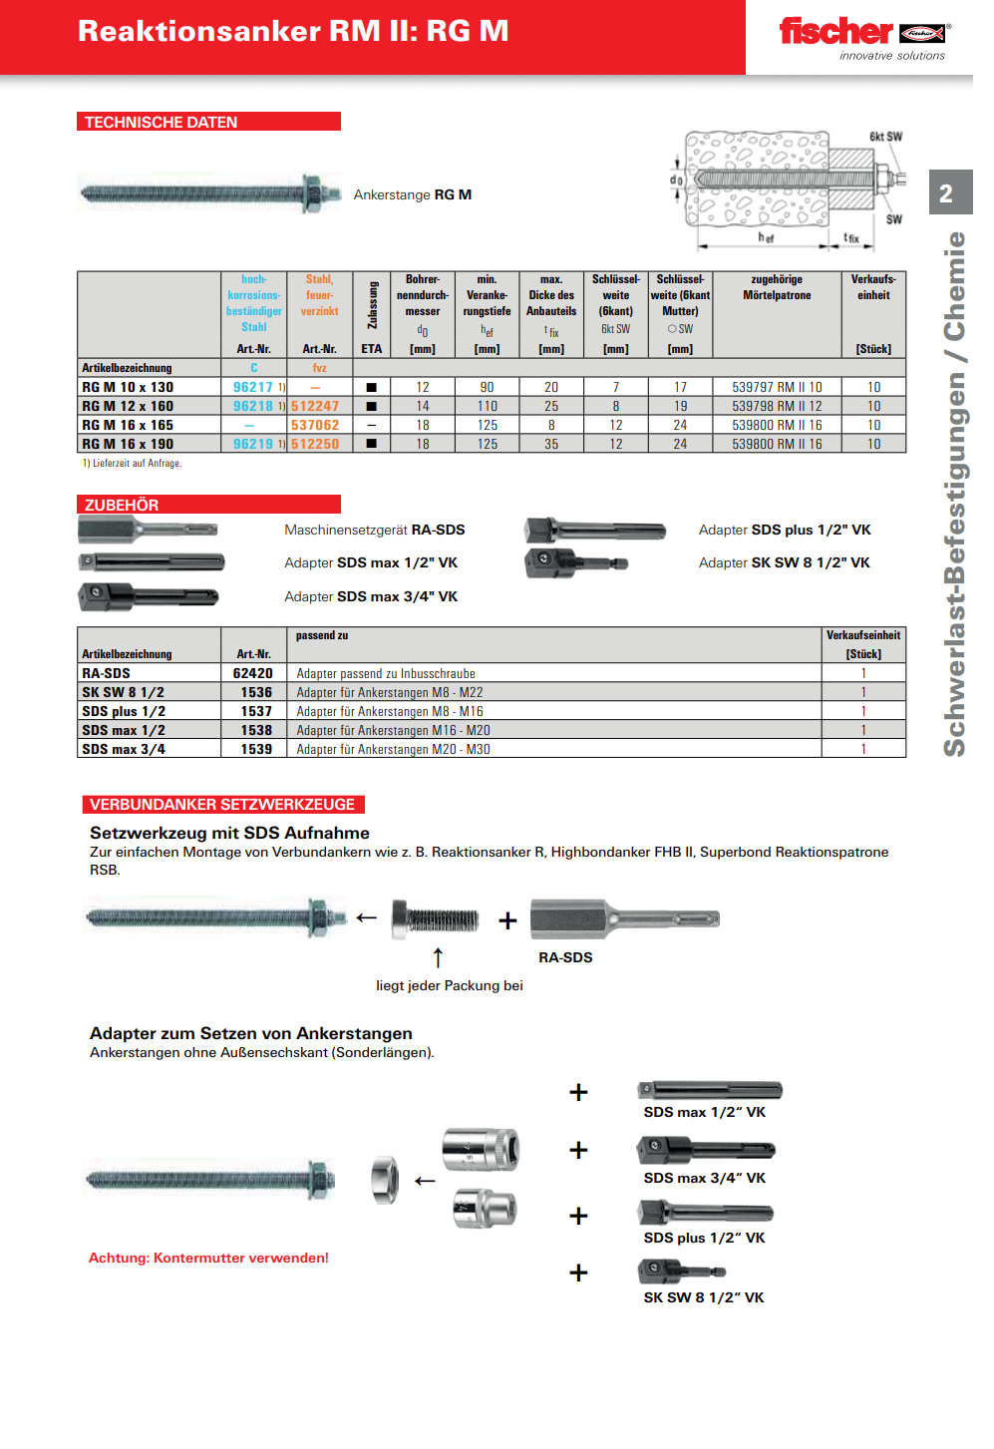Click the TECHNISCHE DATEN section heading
tap(162, 122)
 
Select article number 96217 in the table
tap(252, 387)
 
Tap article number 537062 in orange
tap(315, 425)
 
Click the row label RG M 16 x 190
tap(128, 444)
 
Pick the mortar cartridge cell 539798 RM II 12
tap(777, 406)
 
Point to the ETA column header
tap(371, 349)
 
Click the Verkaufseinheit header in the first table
tap(873, 287)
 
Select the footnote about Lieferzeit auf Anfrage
tap(132, 463)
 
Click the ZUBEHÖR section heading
tap(122, 505)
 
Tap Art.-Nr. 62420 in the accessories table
tap(252, 673)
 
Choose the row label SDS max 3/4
tap(124, 749)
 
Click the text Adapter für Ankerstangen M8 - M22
tap(389, 692)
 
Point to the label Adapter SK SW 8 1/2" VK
tap(784, 562)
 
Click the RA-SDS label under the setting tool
tap(565, 957)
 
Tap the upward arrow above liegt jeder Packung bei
tap(438, 957)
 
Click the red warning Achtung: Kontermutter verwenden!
tap(208, 1258)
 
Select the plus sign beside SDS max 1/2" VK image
tap(578, 1092)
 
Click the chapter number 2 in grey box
tap(946, 193)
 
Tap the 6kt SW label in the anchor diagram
tap(885, 137)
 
